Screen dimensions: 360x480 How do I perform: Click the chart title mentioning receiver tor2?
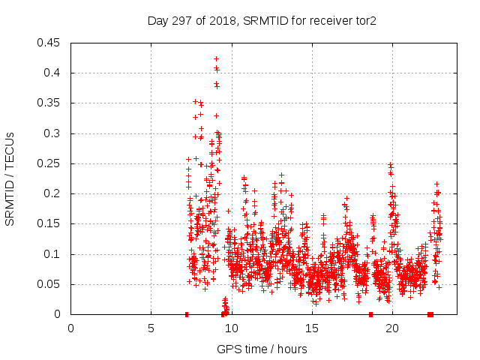(261, 20)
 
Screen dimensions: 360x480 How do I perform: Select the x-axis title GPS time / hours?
(261, 349)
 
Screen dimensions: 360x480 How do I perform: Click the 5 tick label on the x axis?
(151, 328)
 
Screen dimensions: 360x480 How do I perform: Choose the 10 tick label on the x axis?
(231, 328)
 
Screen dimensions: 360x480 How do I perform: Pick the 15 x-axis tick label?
(311, 328)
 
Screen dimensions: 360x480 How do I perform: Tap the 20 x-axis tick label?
(391, 328)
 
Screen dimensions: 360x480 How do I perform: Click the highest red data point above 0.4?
(216, 58)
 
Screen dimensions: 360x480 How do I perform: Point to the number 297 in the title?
(180, 20)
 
